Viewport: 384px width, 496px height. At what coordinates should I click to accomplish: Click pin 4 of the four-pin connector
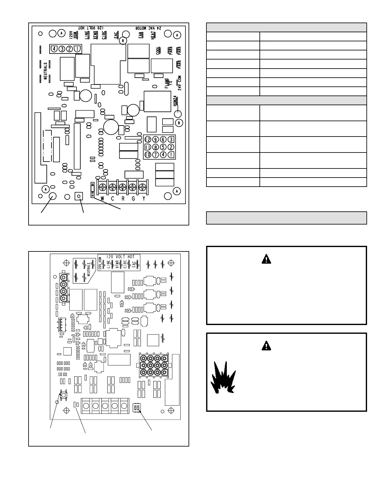pos(54,49)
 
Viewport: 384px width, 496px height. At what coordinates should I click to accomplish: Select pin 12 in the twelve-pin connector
pos(147,140)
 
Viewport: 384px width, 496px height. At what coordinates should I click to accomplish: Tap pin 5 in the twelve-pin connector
pos(163,147)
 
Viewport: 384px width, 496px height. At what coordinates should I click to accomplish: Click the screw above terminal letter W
pos(102,187)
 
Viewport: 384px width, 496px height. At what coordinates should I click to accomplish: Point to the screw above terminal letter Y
pos(143,187)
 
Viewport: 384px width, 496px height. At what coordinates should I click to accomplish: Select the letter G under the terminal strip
pos(133,199)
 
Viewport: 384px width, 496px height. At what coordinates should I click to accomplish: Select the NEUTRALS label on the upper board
pos(45,71)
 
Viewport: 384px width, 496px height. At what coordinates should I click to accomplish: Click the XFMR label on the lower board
pos(117,265)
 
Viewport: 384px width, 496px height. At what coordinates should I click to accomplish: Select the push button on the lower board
pos(63,395)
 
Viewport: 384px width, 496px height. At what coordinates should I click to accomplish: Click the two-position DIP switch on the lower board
pos(137,406)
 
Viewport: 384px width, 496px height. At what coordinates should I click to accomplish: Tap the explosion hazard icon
pos(223,378)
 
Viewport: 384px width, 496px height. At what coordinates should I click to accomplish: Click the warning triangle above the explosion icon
pos(266,346)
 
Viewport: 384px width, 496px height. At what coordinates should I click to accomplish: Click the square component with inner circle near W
pos(79,196)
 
